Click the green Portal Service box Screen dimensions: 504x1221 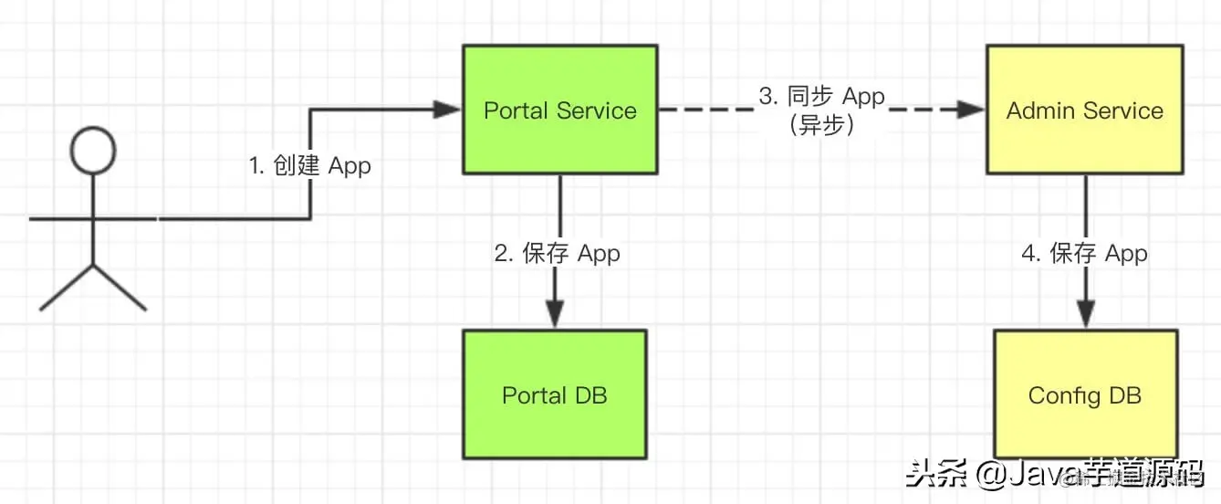(x=559, y=109)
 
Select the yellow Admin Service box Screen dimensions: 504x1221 (x=1084, y=109)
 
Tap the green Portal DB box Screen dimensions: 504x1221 (x=554, y=394)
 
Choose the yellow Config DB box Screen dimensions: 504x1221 (x=1084, y=394)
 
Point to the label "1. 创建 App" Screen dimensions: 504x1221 (x=310, y=166)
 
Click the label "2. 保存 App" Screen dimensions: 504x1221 (x=558, y=253)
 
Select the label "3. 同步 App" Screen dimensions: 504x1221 (x=822, y=97)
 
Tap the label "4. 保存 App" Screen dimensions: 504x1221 (x=1084, y=253)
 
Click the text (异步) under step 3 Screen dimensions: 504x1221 (x=821, y=125)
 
